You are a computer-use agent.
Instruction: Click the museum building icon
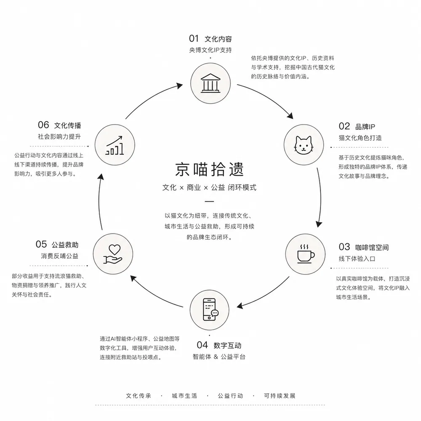coord(210,83)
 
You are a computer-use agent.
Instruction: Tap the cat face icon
coord(304,145)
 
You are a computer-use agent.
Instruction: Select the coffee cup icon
coord(306,254)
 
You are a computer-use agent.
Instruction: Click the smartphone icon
coord(210,309)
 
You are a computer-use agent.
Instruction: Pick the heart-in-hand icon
coord(113,254)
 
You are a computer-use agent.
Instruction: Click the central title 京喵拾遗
coord(209,169)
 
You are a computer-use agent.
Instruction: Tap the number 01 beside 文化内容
coord(194,39)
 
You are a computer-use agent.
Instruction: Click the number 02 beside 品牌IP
coord(344,126)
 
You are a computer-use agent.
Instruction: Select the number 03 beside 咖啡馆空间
coord(344,247)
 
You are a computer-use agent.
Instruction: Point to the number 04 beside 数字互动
coord(202,345)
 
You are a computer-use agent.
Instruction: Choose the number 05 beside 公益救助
coord(41,244)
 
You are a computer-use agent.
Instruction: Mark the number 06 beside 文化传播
coord(43,125)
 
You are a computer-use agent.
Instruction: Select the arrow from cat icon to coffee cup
coord(320,198)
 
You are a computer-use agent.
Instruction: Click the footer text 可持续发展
coord(280,396)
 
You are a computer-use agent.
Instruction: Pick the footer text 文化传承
coord(139,396)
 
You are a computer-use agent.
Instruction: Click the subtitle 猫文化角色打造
coord(360,138)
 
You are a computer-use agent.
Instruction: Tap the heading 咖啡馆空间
coord(372,247)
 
